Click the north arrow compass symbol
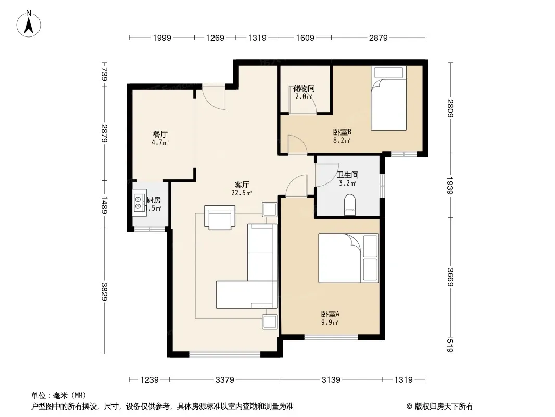coord(29,24)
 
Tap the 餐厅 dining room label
coord(160,134)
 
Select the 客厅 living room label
coord(242,185)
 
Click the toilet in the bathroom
coord(350,205)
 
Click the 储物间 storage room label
coord(304,88)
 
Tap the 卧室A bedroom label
coord(330,314)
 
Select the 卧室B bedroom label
coord(342,132)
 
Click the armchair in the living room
coord(220,217)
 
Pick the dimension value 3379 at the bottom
coord(225,380)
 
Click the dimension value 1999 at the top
coord(162,38)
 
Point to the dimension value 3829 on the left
coord(104,291)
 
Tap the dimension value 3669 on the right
coord(450,277)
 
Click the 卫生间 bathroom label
coord(348,175)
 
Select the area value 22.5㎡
coord(242,193)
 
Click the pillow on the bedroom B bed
coord(388,72)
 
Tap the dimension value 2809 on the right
coord(450,108)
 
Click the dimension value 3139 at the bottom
coord(331,380)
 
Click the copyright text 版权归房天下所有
coord(444,407)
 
